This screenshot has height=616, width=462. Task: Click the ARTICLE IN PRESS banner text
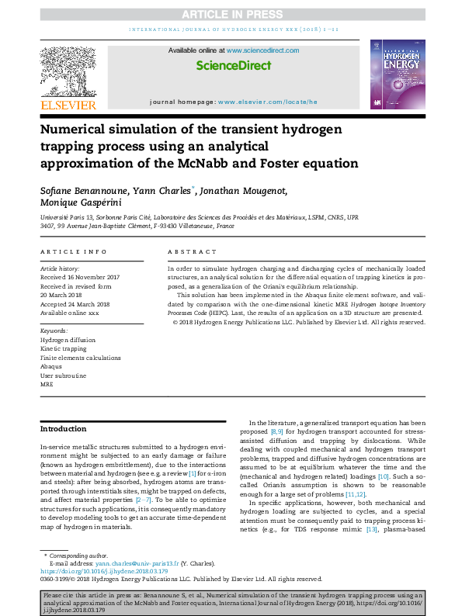[231, 15]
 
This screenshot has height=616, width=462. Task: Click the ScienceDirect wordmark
[234, 66]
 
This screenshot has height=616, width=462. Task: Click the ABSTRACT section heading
[192, 251]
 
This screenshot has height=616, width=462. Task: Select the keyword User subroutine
[63, 375]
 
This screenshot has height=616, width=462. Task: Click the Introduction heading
[64, 428]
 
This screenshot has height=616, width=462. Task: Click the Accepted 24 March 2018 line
[75, 304]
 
